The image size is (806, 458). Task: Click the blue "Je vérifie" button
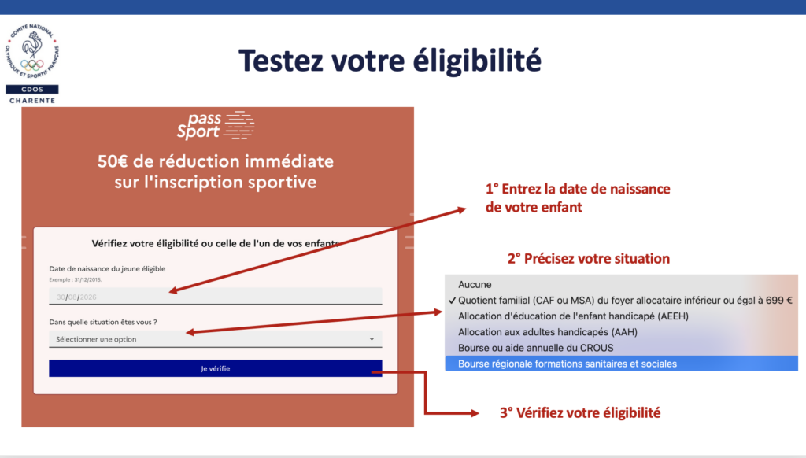click(216, 368)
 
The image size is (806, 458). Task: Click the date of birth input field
click(216, 297)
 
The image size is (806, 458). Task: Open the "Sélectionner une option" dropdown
click(216, 339)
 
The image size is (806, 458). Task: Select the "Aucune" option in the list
click(475, 284)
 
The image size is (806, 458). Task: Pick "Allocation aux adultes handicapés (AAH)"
click(548, 332)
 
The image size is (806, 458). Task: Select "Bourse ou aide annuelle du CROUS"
click(535, 348)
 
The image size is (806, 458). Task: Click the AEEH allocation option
click(573, 316)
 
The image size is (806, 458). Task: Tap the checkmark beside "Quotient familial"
click(452, 300)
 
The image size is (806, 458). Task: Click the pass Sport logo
click(216, 125)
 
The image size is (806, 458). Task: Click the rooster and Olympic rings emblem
click(32, 51)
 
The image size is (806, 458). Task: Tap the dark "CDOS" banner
click(31, 90)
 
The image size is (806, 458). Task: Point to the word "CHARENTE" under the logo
click(31, 101)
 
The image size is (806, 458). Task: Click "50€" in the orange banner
click(112, 161)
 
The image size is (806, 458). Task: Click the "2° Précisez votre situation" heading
click(589, 259)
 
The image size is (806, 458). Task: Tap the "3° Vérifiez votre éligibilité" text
click(580, 413)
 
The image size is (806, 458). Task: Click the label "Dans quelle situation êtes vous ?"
click(103, 323)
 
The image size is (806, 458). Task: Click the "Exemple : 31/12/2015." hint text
click(75, 280)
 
